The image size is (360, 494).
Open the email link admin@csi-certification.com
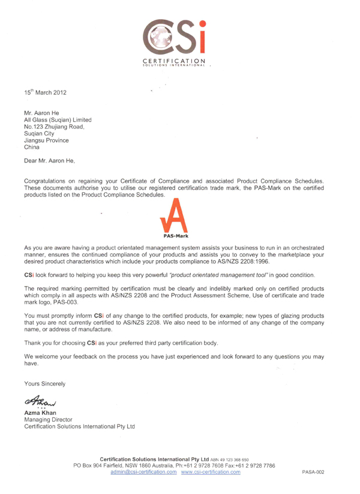(x=144, y=473)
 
